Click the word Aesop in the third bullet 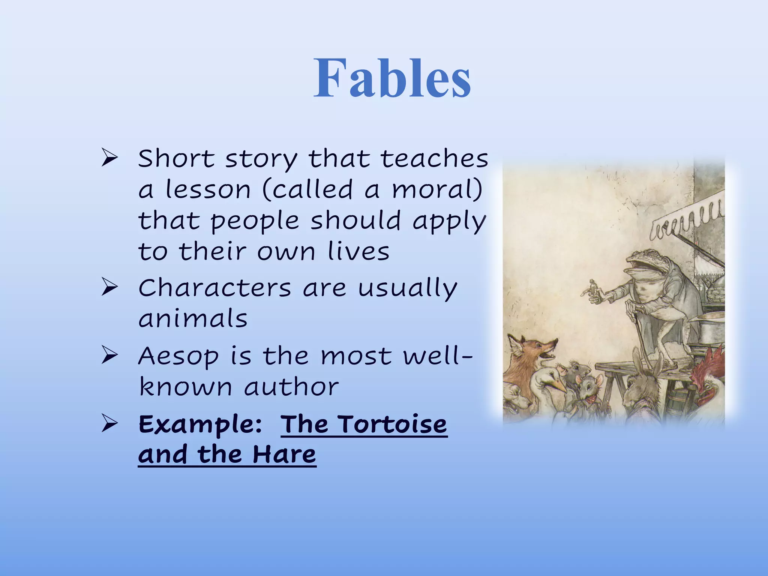178,357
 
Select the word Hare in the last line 284,454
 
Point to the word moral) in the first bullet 437,189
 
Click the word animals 193,319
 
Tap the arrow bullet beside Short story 109,159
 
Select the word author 291,387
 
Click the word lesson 208,189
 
